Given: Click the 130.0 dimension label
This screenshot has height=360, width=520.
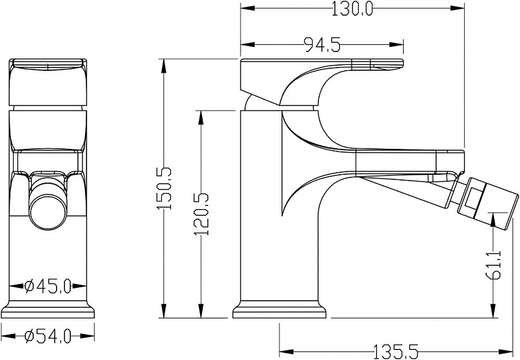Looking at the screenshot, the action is pos(352,8).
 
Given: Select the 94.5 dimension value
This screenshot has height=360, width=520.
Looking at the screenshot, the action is pos(322,45).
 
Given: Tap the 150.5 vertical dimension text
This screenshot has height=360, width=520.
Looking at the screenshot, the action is pos(164,188).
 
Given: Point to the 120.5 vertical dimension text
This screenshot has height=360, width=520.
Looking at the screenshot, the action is pos(201,214).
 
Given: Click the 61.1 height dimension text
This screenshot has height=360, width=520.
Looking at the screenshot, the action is pos(494,265).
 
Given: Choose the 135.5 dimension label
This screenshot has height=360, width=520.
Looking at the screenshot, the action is pos(396,352).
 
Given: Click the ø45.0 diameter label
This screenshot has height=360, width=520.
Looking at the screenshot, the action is pos(48,286).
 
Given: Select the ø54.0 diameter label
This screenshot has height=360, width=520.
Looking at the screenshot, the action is pos(48,336).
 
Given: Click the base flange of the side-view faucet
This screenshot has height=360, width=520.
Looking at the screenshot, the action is pos(279,309).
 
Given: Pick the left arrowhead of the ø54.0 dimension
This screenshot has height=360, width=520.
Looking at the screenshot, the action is pos(8,335).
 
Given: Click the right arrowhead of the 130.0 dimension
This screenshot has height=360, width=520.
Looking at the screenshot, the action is pos(457,8).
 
